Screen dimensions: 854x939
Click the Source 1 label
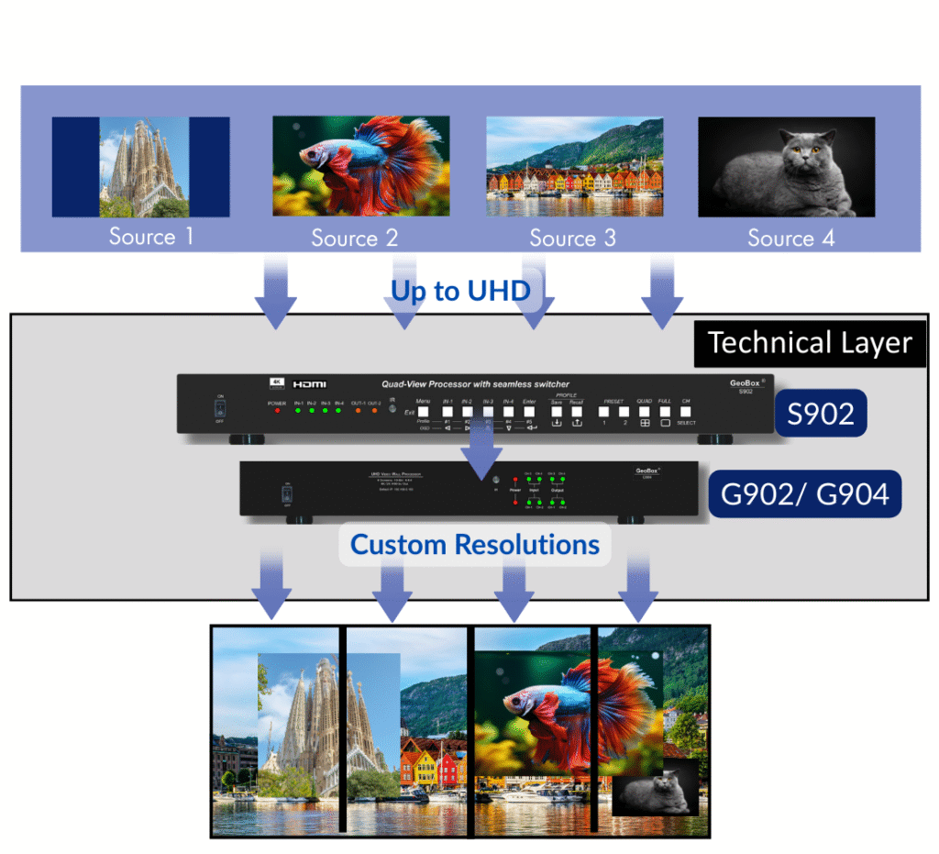(x=151, y=237)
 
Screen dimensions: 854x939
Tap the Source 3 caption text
(x=572, y=238)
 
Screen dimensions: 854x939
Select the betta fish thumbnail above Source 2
(x=360, y=166)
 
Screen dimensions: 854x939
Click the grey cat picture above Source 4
(x=786, y=167)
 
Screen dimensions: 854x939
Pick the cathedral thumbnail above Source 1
(x=140, y=166)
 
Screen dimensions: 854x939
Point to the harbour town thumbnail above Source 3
(x=574, y=166)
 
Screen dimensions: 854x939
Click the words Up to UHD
(x=460, y=291)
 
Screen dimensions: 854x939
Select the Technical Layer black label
(x=810, y=343)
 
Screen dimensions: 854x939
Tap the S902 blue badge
(x=821, y=414)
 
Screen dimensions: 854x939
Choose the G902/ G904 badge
(x=804, y=494)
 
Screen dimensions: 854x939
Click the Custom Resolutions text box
(x=475, y=545)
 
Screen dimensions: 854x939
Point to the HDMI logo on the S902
(x=310, y=383)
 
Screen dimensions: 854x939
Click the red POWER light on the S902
(x=277, y=411)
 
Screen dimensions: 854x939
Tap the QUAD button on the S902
(x=645, y=411)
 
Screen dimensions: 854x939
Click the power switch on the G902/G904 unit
(x=285, y=495)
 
